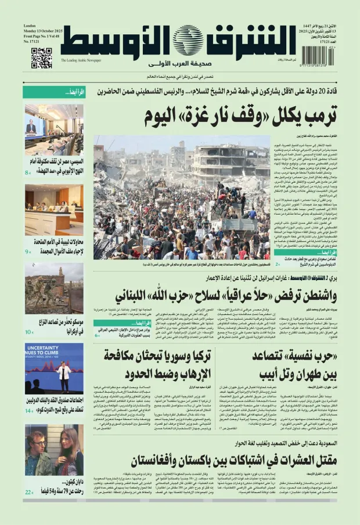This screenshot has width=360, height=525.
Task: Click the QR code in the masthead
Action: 41,58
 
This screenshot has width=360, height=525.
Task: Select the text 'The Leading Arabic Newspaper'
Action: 81,60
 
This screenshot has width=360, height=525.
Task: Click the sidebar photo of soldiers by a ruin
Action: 54,288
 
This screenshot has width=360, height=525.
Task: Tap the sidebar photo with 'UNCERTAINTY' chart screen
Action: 54,368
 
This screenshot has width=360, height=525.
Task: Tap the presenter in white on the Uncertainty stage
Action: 64,374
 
